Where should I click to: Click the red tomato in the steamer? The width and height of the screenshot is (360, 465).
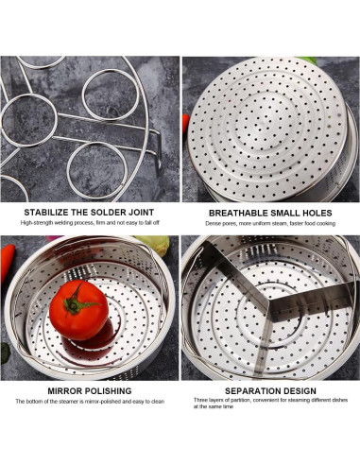click(80, 310)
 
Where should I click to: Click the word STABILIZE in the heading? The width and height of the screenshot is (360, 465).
click(49, 212)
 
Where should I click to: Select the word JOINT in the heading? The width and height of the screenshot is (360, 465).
click(140, 212)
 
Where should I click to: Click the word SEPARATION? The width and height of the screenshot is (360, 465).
click(249, 389)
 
